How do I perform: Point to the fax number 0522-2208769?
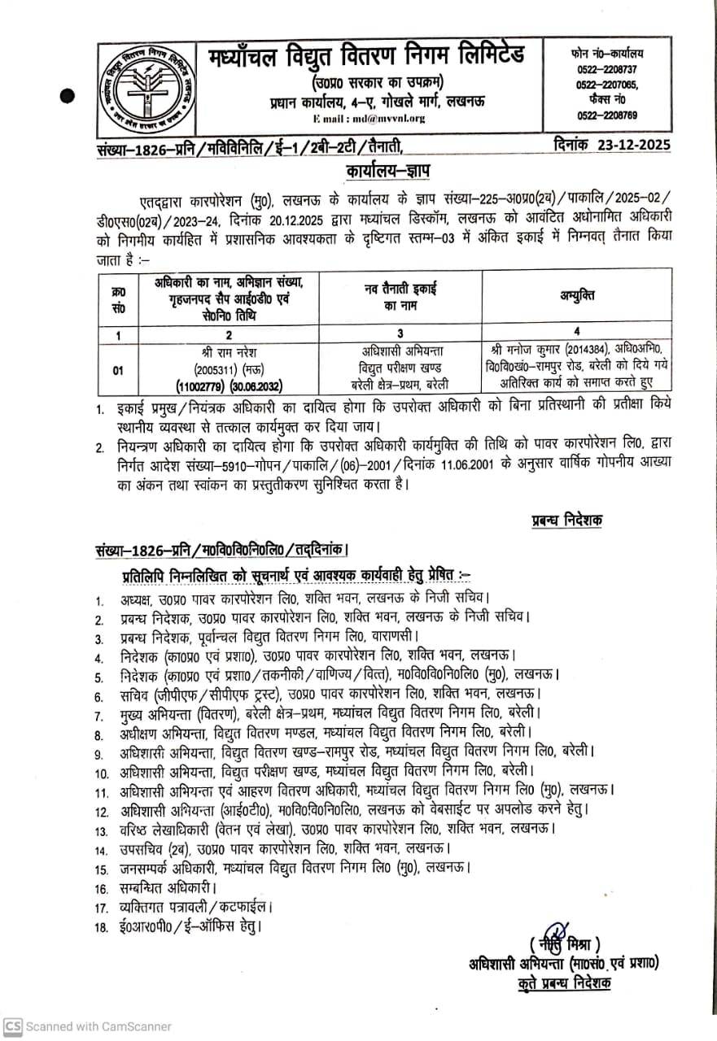(606, 115)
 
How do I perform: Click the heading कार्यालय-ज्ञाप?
(378, 172)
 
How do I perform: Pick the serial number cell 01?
(118, 370)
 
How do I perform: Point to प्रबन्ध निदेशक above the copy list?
(566, 521)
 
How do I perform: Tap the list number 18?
(101, 926)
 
